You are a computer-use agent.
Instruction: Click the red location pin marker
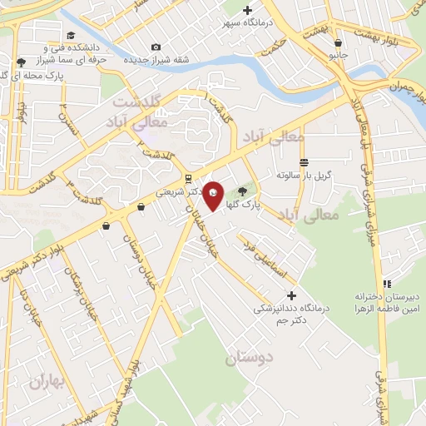[214, 195]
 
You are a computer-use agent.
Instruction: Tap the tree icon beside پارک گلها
[243, 191]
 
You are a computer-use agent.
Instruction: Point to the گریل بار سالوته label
[305, 176]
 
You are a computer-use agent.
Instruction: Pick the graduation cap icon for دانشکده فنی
[71, 35]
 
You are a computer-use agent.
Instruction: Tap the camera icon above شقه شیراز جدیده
[156, 47]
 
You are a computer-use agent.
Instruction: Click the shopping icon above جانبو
[337, 42]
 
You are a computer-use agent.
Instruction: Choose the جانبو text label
[337, 55]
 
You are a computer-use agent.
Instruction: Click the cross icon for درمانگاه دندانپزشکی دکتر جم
[290, 295]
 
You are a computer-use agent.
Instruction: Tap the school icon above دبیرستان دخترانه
[386, 284]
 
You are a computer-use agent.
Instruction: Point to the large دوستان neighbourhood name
[248, 359]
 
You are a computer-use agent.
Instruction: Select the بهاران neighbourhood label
[46, 382]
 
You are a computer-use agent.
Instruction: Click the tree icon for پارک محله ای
[19, 62]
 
